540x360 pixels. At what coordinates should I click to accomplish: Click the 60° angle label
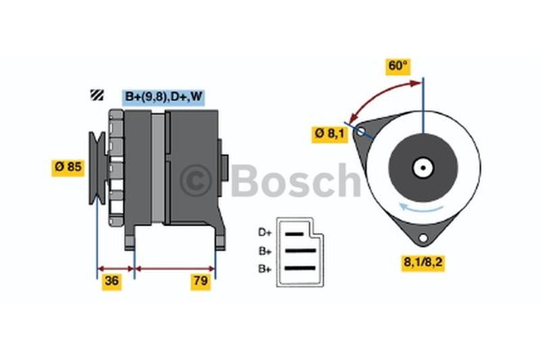398,66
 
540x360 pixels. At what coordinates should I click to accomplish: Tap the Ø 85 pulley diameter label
68,168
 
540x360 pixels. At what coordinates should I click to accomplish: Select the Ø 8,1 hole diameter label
330,134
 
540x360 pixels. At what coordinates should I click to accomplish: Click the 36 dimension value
111,282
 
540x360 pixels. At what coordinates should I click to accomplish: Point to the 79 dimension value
200,282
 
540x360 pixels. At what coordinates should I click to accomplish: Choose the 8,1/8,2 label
423,263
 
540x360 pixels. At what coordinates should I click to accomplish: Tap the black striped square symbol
97,95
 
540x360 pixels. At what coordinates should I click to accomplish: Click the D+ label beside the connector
265,232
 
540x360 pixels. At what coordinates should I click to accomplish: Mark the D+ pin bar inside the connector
294,234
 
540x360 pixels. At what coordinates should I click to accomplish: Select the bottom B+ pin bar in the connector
300,268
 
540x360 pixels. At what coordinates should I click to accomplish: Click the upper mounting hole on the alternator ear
360,132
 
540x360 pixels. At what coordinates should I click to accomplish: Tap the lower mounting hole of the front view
423,238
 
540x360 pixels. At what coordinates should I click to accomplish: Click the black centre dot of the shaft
423,168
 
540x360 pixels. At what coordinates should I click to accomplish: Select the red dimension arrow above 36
115,269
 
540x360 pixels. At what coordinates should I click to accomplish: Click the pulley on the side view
97,168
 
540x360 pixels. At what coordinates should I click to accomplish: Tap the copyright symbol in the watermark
196,180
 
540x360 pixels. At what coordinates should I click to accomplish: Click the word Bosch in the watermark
296,180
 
